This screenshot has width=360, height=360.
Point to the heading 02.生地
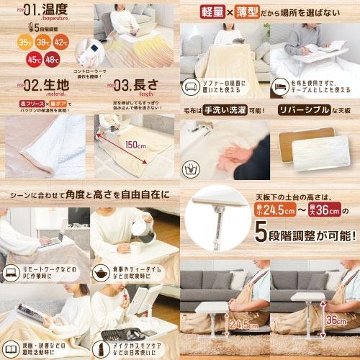click(x=36, y=86)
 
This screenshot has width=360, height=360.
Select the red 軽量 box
click(x=214, y=12)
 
